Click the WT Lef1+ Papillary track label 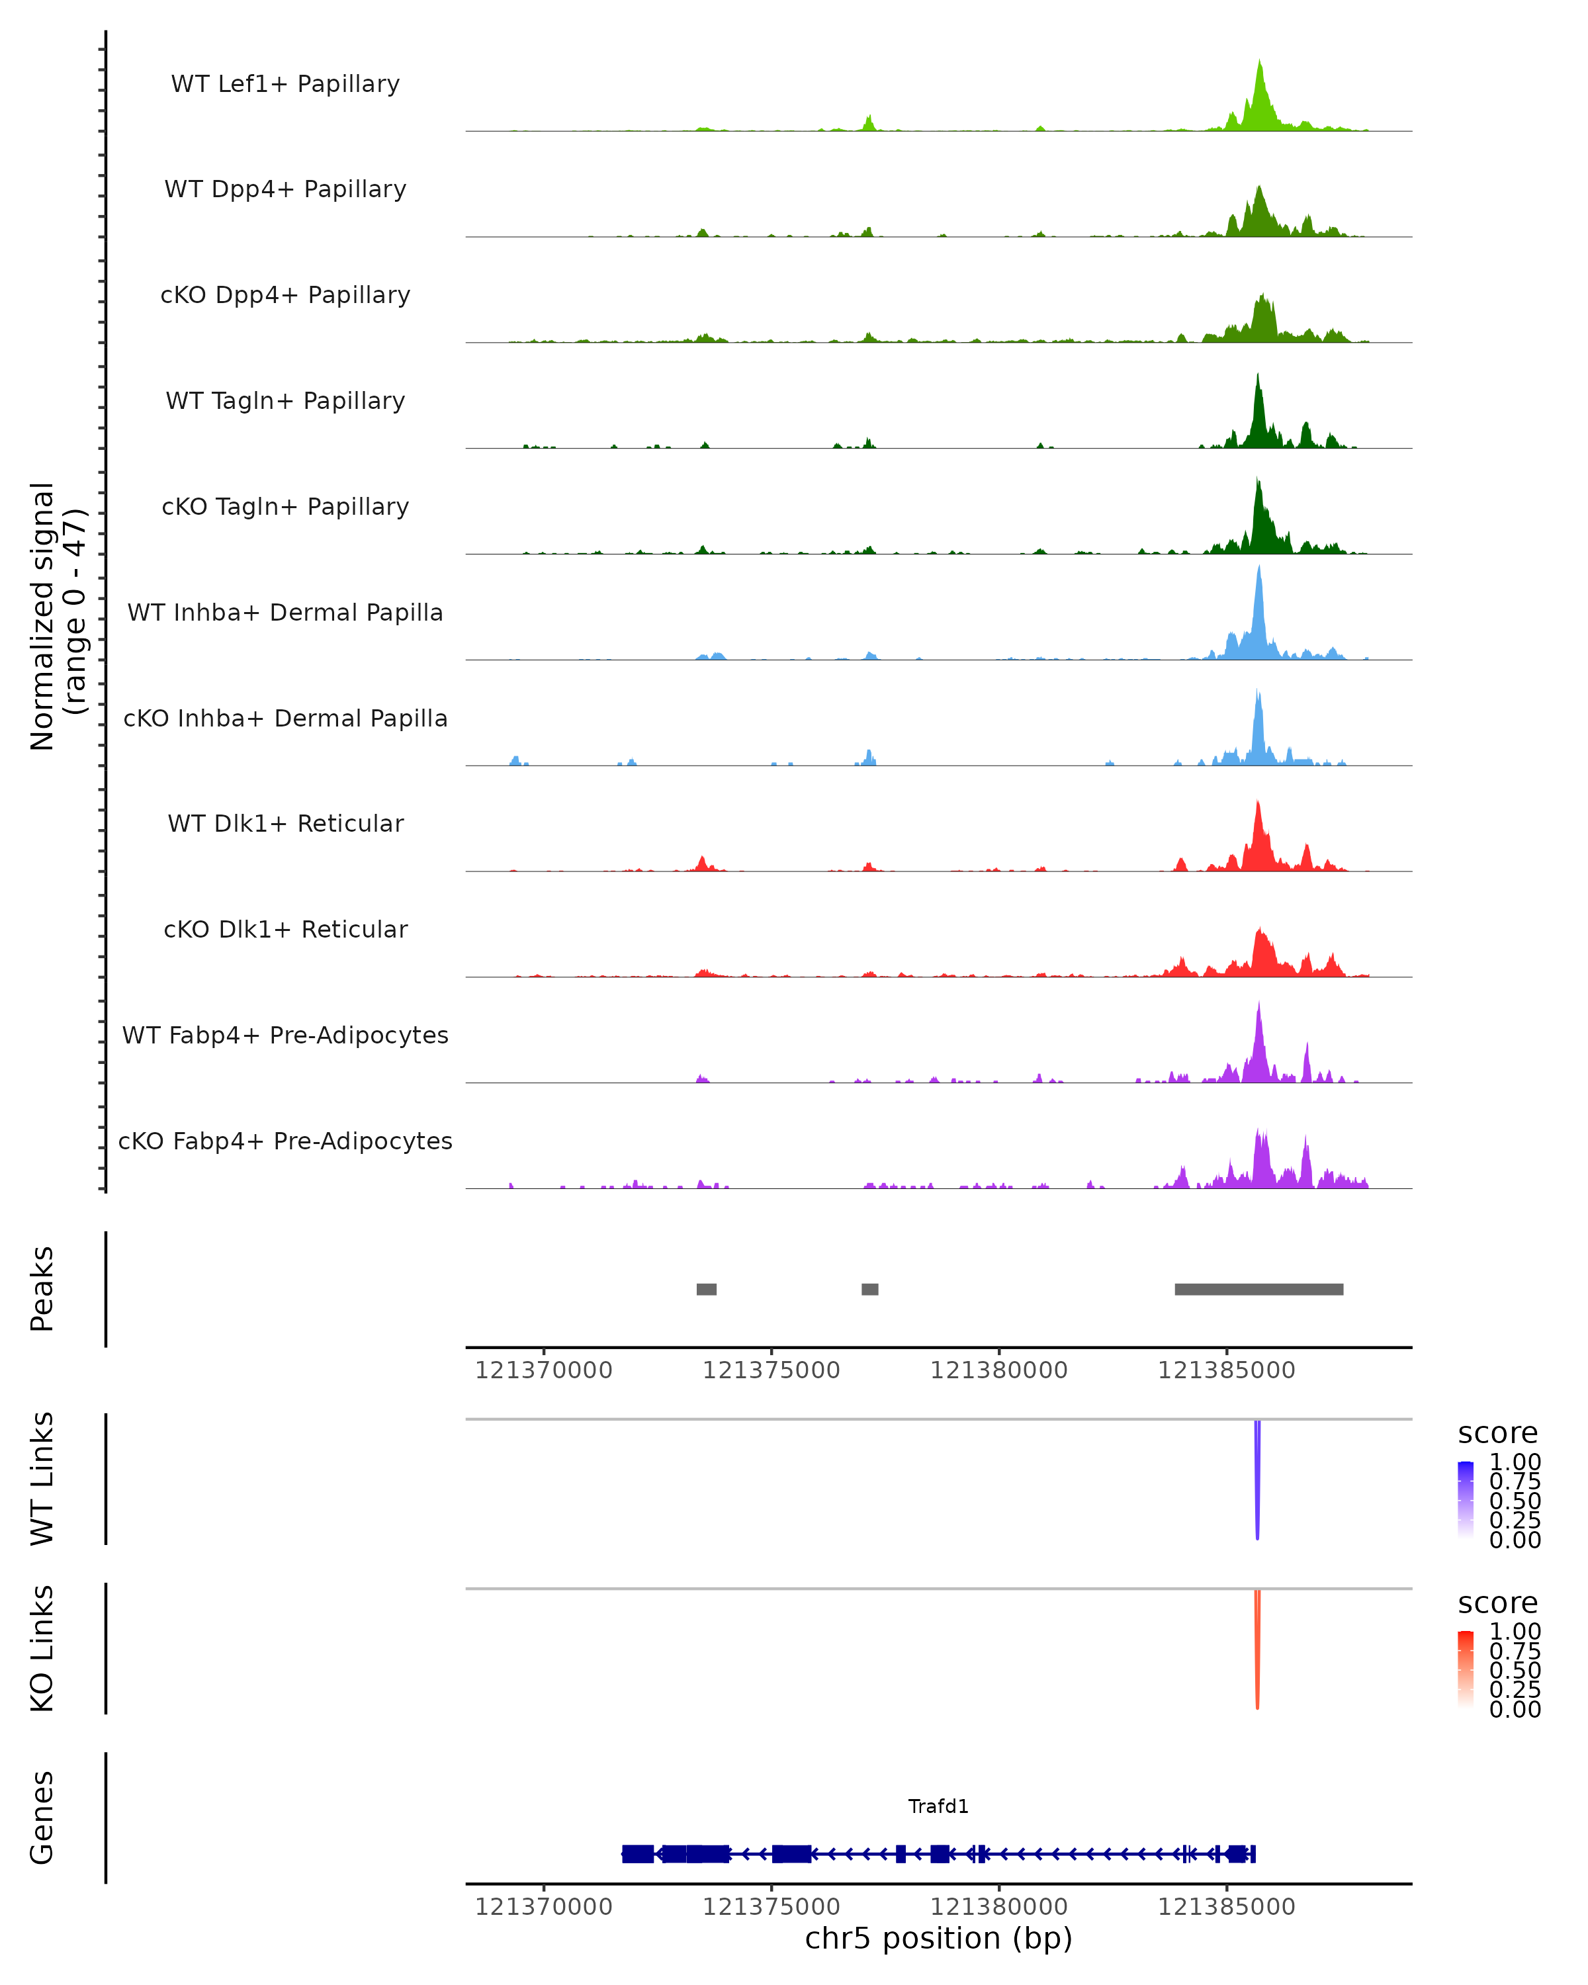coord(285,84)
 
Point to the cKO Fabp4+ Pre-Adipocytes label coord(285,1141)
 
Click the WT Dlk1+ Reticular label coord(285,823)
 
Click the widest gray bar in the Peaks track coord(1258,1289)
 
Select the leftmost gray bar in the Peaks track coord(706,1289)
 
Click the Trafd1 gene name coord(938,1806)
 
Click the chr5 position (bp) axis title coord(938,1938)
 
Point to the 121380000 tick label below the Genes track coord(999,1907)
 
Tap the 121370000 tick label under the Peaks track coord(543,1370)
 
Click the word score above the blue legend coord(1498,1434)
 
